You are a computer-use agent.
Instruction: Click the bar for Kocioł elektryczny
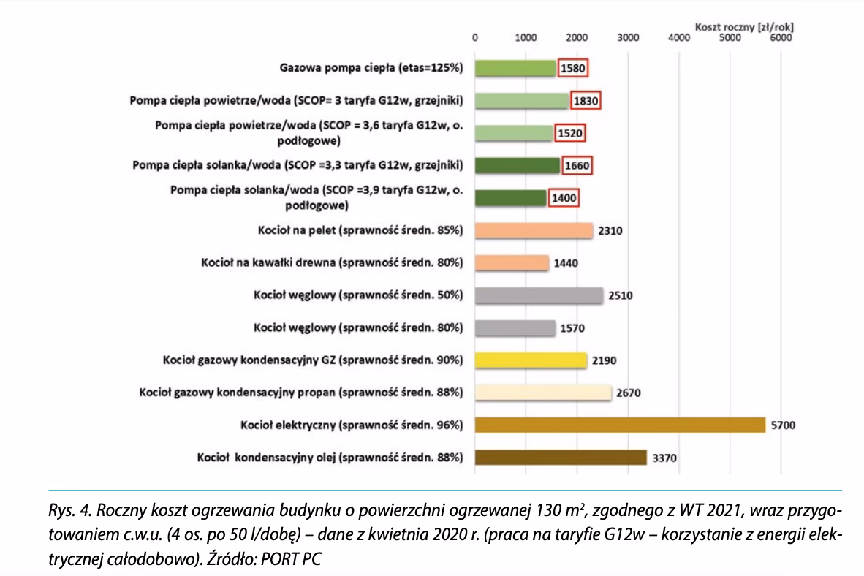pos(619,425)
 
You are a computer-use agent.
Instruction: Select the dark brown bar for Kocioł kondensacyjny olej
pos(561,458)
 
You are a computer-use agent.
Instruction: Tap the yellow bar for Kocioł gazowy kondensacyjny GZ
pos(531,360)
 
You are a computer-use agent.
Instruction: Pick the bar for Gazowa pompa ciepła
pos(515,68)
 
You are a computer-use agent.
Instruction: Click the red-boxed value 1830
pos(584,101)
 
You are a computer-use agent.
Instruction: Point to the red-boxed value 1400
pos(564,198)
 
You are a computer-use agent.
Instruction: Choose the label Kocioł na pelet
pos(360,231)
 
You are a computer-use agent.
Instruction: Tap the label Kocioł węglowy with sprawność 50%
pos(358,295)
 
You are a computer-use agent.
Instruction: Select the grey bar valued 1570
pos(515,328)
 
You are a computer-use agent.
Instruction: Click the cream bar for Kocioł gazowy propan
pos(542,393)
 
